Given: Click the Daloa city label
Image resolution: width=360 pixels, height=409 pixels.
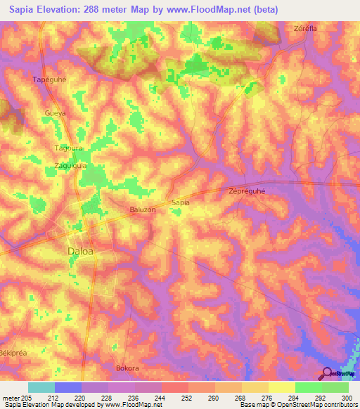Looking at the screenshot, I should [x=80, y=250].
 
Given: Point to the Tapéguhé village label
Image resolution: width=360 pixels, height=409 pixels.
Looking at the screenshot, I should [x=49, y=79].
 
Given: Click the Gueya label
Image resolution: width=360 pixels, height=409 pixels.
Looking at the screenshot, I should [x=55, y=113].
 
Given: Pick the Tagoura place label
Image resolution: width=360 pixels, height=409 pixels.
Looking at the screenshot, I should [x=69, y=148].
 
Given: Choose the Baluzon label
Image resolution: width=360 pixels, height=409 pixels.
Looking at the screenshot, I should [x=142, y=209].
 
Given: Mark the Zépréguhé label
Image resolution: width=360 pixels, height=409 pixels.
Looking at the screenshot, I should [x=250, y=190].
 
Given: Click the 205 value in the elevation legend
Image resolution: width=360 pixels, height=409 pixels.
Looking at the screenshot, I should [x=25, y=398].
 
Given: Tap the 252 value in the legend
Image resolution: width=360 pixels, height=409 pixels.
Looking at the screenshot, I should [x=188, y=398].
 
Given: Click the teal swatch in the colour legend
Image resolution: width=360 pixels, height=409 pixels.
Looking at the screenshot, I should [x=41, y=387].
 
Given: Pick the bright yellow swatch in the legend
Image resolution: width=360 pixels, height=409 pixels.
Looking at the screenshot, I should [x=281, y=387].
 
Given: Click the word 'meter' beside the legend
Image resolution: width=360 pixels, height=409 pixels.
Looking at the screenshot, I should [x=9, y=398].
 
